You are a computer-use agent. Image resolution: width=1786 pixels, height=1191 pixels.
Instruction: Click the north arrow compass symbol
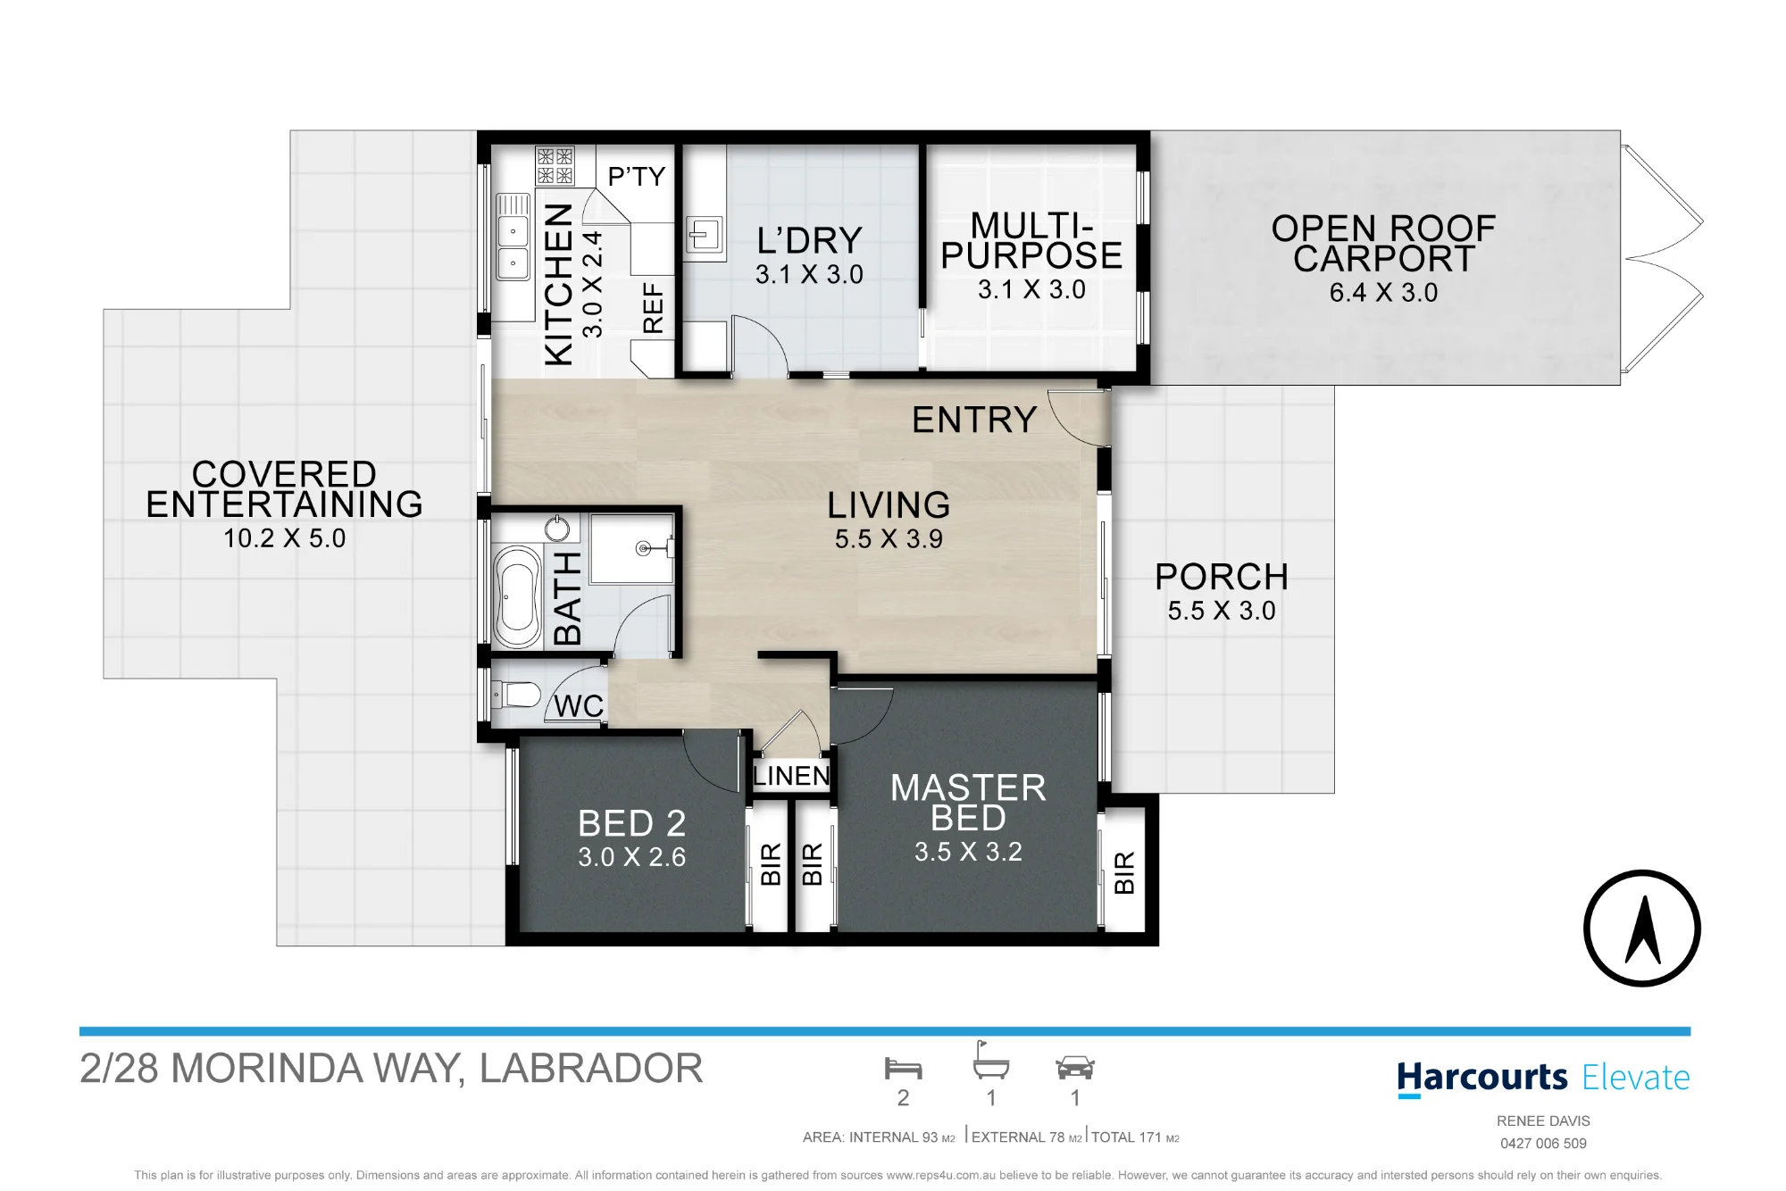(x=1641, y=929)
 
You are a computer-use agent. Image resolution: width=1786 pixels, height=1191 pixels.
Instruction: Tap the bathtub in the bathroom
(x=518, y=596)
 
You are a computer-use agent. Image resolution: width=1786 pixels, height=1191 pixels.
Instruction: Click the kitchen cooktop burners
(x=555, y=166)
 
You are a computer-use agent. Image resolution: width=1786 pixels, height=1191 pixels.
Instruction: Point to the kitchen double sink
(x=513, y=248)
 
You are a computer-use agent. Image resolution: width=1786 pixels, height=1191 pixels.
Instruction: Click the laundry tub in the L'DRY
(x=704, y=237)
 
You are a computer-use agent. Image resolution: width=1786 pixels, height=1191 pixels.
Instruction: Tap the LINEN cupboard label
(x=791, y=776)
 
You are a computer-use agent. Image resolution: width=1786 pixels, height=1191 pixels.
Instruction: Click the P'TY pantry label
(x=637, y=177)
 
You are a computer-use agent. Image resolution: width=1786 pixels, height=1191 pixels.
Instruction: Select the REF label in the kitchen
(x=654, y=308)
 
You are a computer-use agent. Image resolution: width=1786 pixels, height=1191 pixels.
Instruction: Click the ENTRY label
(x=974, y=420)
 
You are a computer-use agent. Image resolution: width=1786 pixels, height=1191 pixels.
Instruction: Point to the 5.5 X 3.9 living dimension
(x=889, y=539)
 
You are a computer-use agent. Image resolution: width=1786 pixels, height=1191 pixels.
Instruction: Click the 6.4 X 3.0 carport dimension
(x=1383, y=293)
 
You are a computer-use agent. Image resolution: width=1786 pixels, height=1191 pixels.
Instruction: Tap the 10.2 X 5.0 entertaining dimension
(x=284, y=538)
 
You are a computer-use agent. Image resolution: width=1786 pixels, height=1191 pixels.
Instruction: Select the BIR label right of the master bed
(x=1124, y=872)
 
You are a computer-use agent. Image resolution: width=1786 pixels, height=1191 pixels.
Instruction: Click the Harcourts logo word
(x=1482, y=1078)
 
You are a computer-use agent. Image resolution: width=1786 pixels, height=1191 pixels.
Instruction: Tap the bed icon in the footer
(x=903, y=1068)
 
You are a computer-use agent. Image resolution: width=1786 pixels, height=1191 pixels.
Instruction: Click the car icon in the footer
(x=1075, y=1068)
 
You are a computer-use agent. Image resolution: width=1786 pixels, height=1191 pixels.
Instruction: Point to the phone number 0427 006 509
(x=1543, y=1144)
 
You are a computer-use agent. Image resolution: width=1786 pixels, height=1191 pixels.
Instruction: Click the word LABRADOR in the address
(x=591, y=1069)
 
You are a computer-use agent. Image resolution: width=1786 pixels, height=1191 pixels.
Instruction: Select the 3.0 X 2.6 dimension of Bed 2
(x=631, y=857)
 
